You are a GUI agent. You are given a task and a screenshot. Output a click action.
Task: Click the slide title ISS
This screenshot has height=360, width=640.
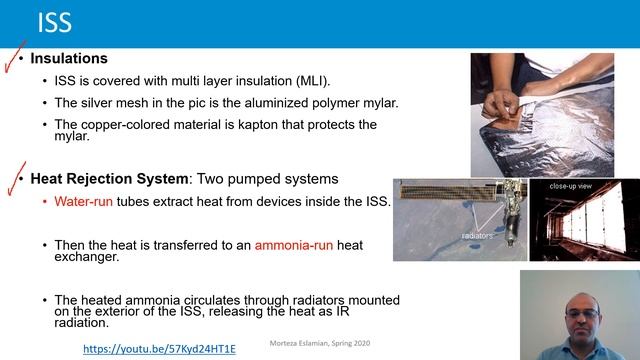coord(54,23)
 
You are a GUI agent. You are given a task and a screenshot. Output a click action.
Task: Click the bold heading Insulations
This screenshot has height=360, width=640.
coord(69,59)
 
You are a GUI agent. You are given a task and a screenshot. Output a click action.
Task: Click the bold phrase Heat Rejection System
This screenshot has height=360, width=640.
coord(109,179)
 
